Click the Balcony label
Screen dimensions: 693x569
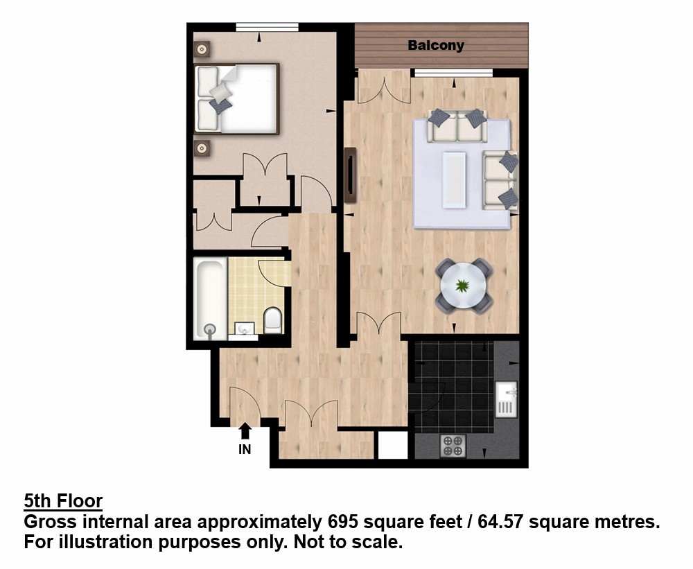[x=436, y=46]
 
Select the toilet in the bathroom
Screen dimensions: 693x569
[x=272, y=320]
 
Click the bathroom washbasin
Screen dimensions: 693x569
[x=244, y=330]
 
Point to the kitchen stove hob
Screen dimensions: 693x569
[x=453, y=445]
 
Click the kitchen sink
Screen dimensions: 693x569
[x=506, y=399]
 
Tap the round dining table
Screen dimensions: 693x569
[x=463, y=286]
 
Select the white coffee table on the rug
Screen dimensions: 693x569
[x=455, y=179]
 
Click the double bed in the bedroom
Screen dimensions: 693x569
[x=236, y=98]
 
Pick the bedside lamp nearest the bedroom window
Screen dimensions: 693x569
[x=202, y=49]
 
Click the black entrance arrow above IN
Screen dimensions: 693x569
[x=245, y=431]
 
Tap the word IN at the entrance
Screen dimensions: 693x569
[x=245, y=449]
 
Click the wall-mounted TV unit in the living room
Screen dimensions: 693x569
[x=351, y=175]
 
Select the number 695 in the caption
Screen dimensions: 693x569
[x=342, y=522]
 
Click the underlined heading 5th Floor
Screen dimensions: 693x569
[x=63, y=501]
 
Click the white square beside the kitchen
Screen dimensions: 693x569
[x=392, y=445]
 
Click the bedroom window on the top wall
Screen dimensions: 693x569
[x=267, y=27]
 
